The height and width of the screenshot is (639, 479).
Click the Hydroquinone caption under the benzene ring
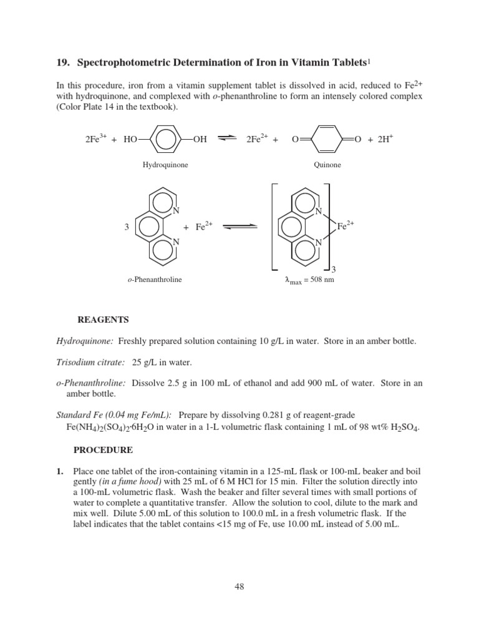coord(165,165)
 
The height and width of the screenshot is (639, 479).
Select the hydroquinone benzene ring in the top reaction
coord(165,140)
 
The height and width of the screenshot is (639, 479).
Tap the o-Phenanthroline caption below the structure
coord(154,280)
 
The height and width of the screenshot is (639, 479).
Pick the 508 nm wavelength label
coord(309,280)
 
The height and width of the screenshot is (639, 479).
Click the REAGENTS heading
coord(103,319)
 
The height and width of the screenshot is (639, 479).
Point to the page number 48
coord(239,585)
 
